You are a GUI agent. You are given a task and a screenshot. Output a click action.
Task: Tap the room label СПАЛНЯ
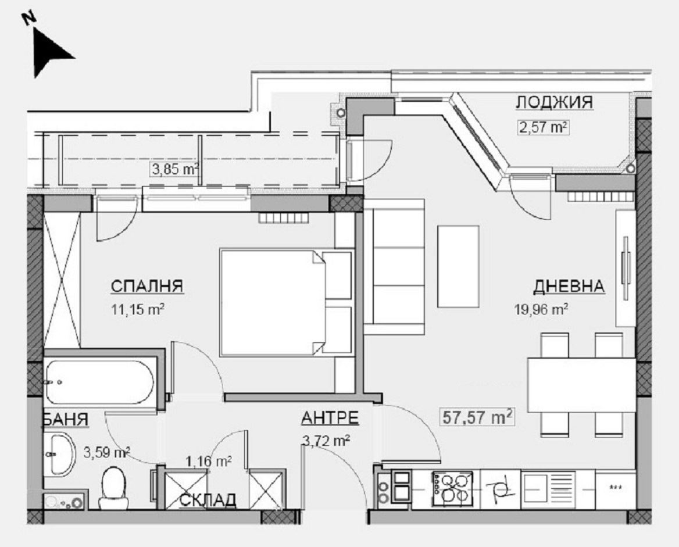pos(146,286)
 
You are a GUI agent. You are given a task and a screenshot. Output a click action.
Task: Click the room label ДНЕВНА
pos(569,286)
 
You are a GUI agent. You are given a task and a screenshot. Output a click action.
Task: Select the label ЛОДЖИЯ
pos(554,103)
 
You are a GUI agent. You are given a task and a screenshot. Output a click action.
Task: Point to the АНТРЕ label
pos(330,419)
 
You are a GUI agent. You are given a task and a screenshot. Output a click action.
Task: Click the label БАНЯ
pos(65,420)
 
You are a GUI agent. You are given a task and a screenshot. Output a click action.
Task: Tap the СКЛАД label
pos(208,499)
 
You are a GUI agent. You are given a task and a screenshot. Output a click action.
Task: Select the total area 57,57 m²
pos(477,416)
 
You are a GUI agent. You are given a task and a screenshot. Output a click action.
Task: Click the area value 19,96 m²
pos(541,309)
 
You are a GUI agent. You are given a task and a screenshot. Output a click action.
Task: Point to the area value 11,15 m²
pos(138,309)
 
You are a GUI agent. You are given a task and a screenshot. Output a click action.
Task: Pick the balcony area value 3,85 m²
pos(175,170)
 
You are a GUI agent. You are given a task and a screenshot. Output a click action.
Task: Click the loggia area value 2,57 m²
pos(542,127)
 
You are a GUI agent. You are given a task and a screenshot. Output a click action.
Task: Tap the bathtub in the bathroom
pos(99,381)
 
